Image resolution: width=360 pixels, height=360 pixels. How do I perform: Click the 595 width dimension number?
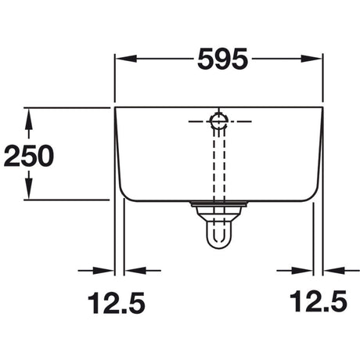click(x=222, y=59)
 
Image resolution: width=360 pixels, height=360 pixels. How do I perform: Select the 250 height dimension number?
click(x=29, y=156)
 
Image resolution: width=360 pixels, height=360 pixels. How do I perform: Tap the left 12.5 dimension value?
click(x=117, y=303)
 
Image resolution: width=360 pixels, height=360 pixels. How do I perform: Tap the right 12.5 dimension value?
click(x=319, y=301)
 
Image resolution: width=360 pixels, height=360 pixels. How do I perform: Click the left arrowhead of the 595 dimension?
click(x=126, y=59)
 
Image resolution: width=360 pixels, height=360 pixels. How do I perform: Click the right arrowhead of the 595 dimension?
click(x=311, y=59)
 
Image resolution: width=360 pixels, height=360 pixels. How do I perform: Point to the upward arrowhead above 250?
click(x=29, y=118)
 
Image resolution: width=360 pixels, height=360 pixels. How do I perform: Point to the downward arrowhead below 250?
click(x=29, y=189)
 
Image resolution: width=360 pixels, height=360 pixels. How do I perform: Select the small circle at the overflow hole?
click(x=218, y=121)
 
